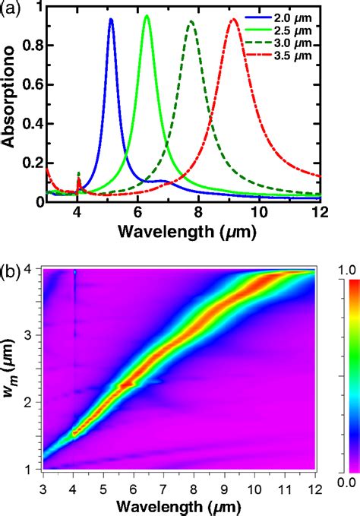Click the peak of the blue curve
coord(111,19)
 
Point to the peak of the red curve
coord(233,20)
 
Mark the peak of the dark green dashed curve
coord(191,21)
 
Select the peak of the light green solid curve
coord(147,16)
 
